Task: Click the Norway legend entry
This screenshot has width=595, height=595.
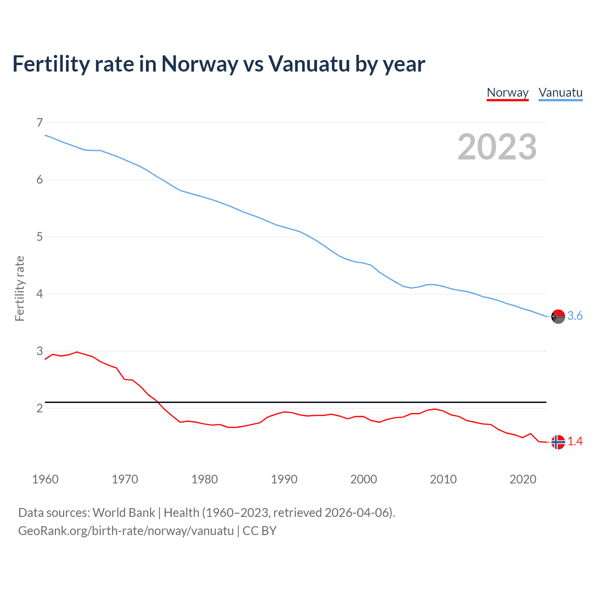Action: click(x=508, y=93)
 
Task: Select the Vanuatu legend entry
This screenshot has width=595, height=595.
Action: click(x=560, y=93)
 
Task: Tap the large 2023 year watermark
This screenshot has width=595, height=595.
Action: click(x=497, y=147)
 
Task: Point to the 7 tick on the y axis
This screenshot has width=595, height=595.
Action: click(x=40, y=123)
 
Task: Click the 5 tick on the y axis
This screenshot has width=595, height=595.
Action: click(x=40, y=237)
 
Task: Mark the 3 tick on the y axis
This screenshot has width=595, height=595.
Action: click(x=40, y=351)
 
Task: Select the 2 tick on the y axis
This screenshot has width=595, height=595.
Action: click(x=40, y=408)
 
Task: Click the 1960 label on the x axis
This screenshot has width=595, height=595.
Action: click(x=45, y=479)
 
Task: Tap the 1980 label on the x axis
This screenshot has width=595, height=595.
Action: click(x=205, y=479)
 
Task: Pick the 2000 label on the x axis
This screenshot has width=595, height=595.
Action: click(x=364, y=479)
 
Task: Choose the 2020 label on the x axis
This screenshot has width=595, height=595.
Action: click(x=523, y=479)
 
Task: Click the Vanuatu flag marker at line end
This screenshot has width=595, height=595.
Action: click(x=558, y=317)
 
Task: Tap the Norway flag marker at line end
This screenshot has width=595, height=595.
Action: click(x=558, y=442)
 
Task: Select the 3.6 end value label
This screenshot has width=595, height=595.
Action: click(x=575, y=316)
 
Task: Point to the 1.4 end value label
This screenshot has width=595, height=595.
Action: click(x=575, y=442)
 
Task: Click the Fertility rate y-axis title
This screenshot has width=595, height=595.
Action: click(x=20, y=288)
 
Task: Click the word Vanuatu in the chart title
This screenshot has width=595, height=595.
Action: click(x=309, y=64)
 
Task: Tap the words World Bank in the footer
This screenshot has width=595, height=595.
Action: click(x=124, y=513)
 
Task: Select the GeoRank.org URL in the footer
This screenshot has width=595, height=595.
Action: click(x=126, y=531)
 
